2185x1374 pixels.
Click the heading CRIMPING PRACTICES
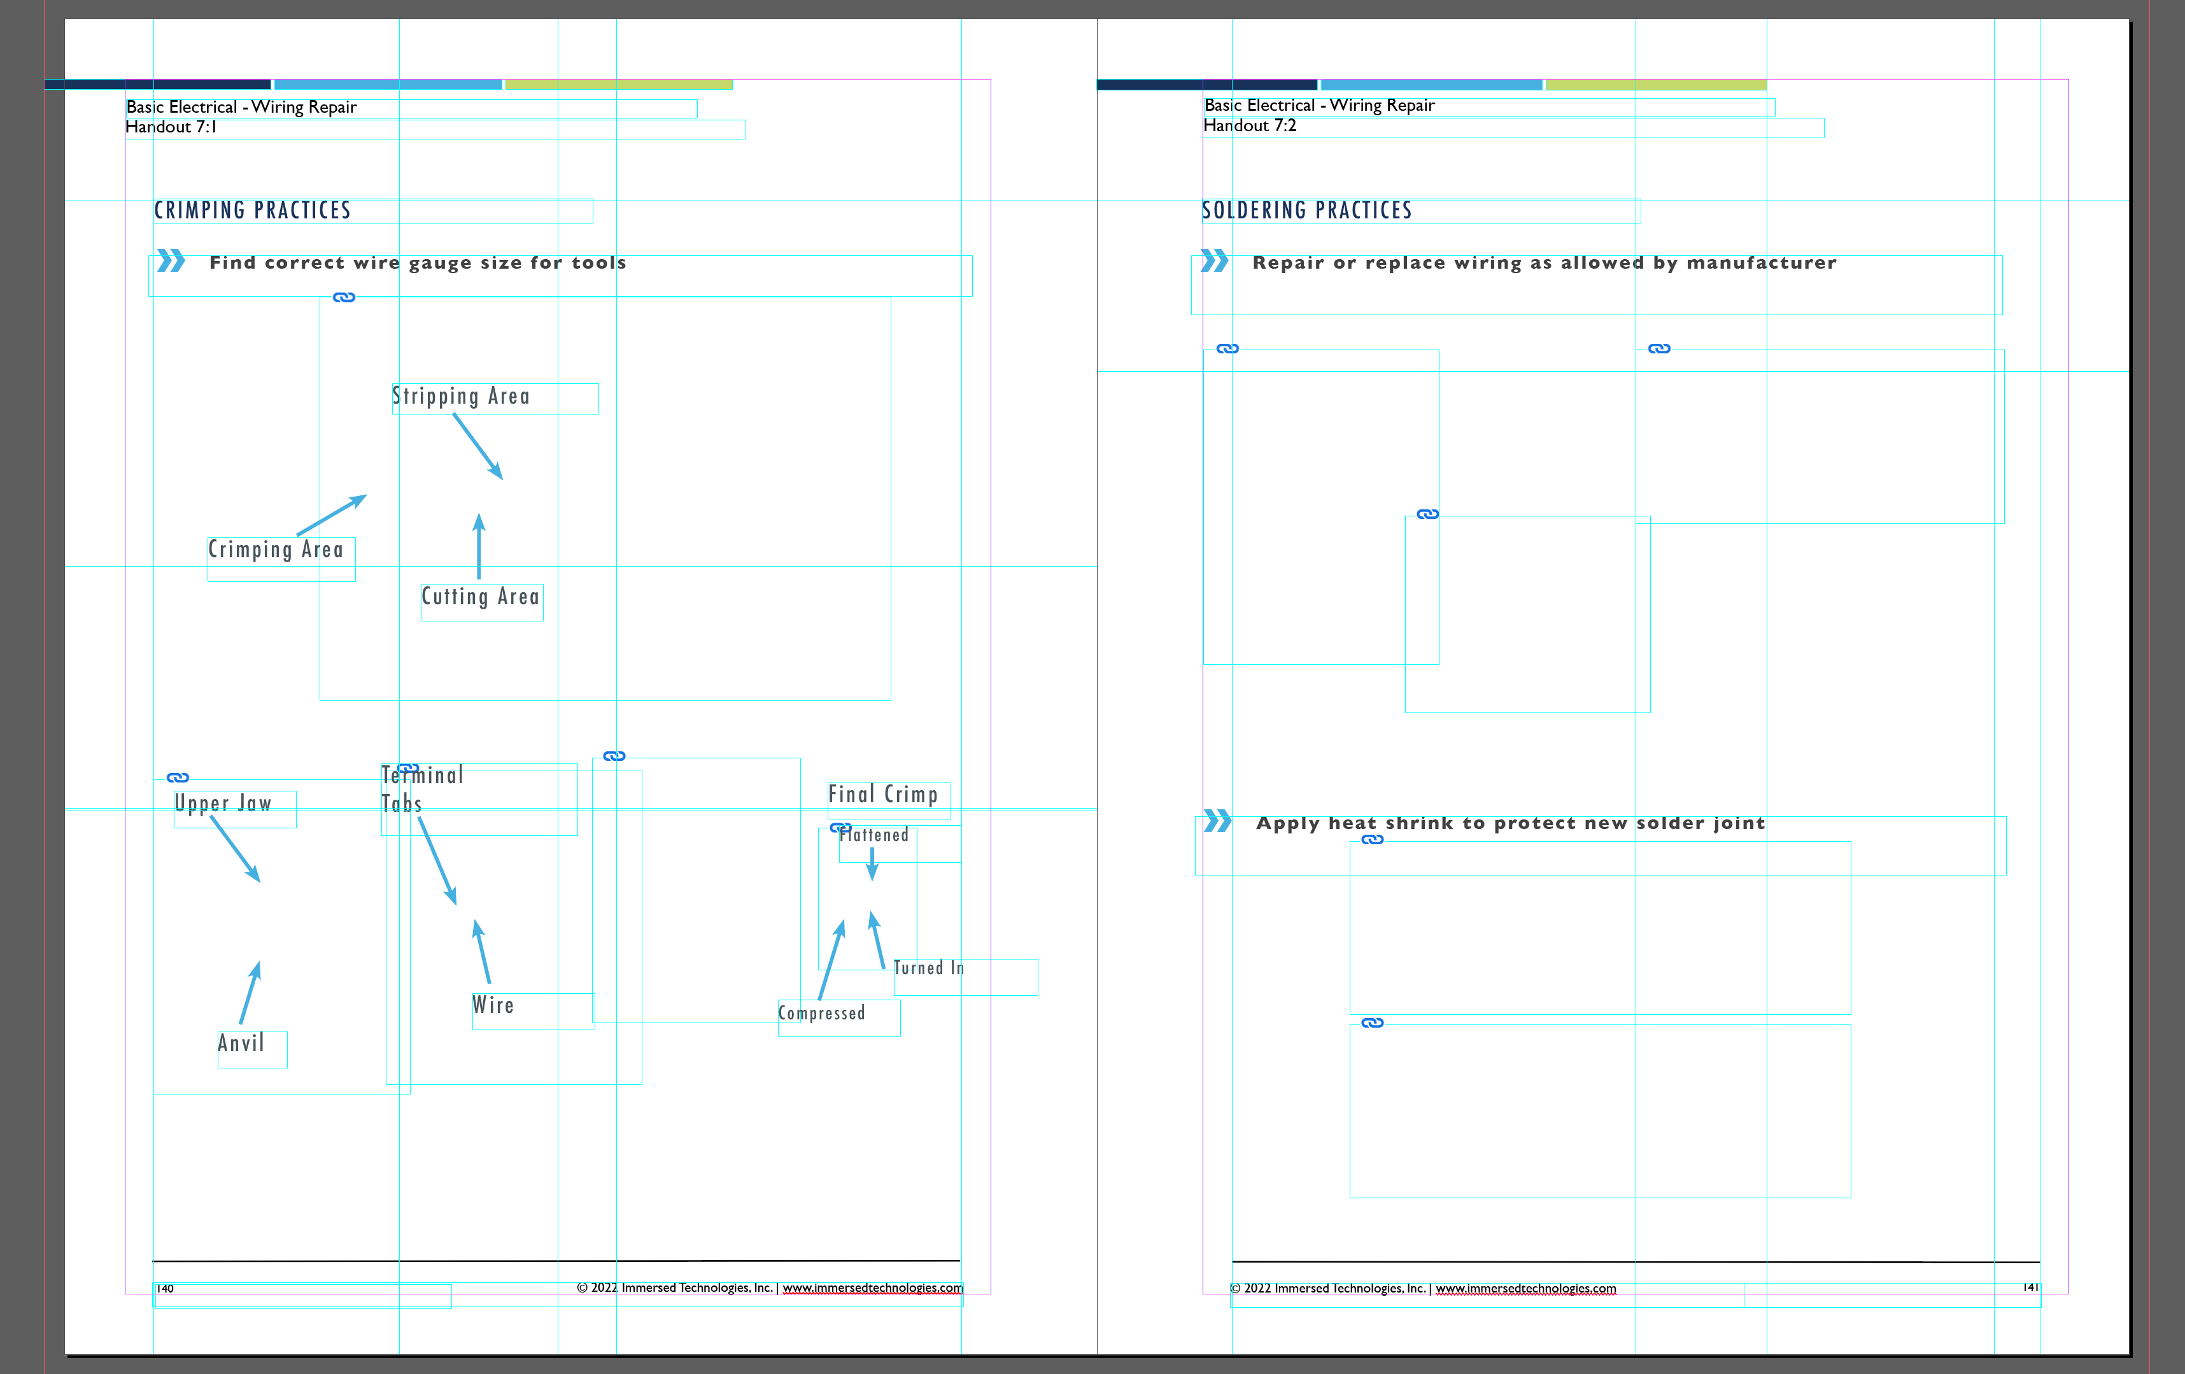coord(252,211)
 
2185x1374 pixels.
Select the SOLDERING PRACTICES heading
coord(1306,211)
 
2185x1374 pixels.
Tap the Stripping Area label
coord(461,397)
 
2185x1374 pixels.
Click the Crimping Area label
coord(276,550)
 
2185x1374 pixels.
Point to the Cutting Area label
coord(480,597)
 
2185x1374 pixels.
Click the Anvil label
coord(241,1044)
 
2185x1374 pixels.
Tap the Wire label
coord(493,1005)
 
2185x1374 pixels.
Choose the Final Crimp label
coord(883,795)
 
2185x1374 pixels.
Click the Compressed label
coord(821,1013)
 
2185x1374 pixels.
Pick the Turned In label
coord(928,968)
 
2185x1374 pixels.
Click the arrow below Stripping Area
coord(478,446)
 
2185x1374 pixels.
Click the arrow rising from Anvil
coord(250,994)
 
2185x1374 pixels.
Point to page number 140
coord(165,1289)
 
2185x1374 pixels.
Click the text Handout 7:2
coord(1250,126)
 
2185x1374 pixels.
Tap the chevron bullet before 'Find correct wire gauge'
coord(171,262)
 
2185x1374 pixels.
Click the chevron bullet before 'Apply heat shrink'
coord(1218,821)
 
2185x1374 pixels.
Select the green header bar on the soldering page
coord(1656,85)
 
